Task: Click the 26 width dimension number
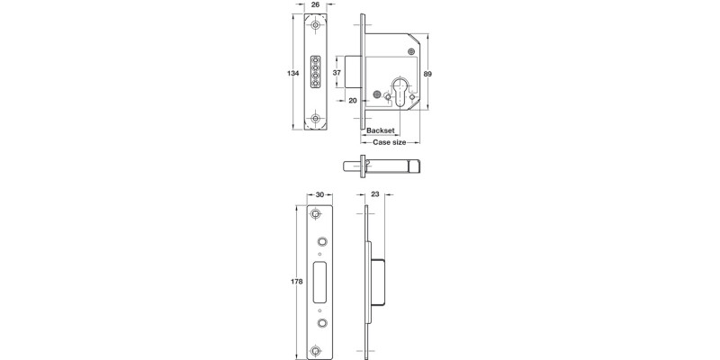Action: (316, 5)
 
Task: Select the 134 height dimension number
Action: (292, 72)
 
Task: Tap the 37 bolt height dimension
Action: (337, 72)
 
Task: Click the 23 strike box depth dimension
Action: (374, 193)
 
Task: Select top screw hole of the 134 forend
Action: (316, 28)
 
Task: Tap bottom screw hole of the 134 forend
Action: (316, 118)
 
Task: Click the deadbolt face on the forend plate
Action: (316, 72)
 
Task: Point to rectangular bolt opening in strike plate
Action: (319, 280)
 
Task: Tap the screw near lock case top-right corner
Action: (411, 52)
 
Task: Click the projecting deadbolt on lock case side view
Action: (353, 72)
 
